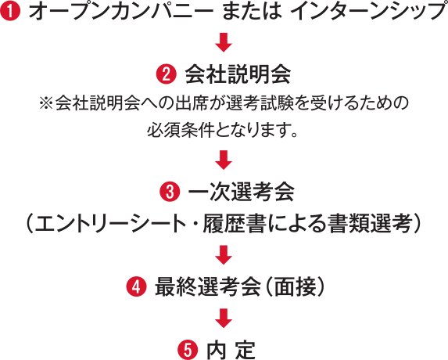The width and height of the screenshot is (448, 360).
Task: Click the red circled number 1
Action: [10, 11]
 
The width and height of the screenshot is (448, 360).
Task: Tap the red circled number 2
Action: [167, 74]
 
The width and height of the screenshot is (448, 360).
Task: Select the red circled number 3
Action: [170, 192]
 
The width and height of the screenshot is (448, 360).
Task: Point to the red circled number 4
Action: [137, 286]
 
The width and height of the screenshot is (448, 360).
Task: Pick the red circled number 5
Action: [188, 350]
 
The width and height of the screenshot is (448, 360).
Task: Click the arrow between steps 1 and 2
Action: [224, 42]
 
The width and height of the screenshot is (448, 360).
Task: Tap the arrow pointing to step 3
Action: [224, 160]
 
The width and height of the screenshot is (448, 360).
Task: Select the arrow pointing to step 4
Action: [224, 255]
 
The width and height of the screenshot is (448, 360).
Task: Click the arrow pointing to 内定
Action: [224, 319]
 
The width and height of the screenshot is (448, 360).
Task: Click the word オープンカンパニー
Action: [121, 12]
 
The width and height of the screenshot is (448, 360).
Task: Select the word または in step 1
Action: [252, 12]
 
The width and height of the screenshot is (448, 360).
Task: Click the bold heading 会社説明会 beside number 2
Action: [238, 74]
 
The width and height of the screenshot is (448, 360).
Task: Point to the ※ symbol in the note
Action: [45, 103]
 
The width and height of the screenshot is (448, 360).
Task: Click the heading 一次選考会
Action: [242, 192]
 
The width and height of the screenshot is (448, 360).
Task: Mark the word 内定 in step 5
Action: [231, 350]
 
